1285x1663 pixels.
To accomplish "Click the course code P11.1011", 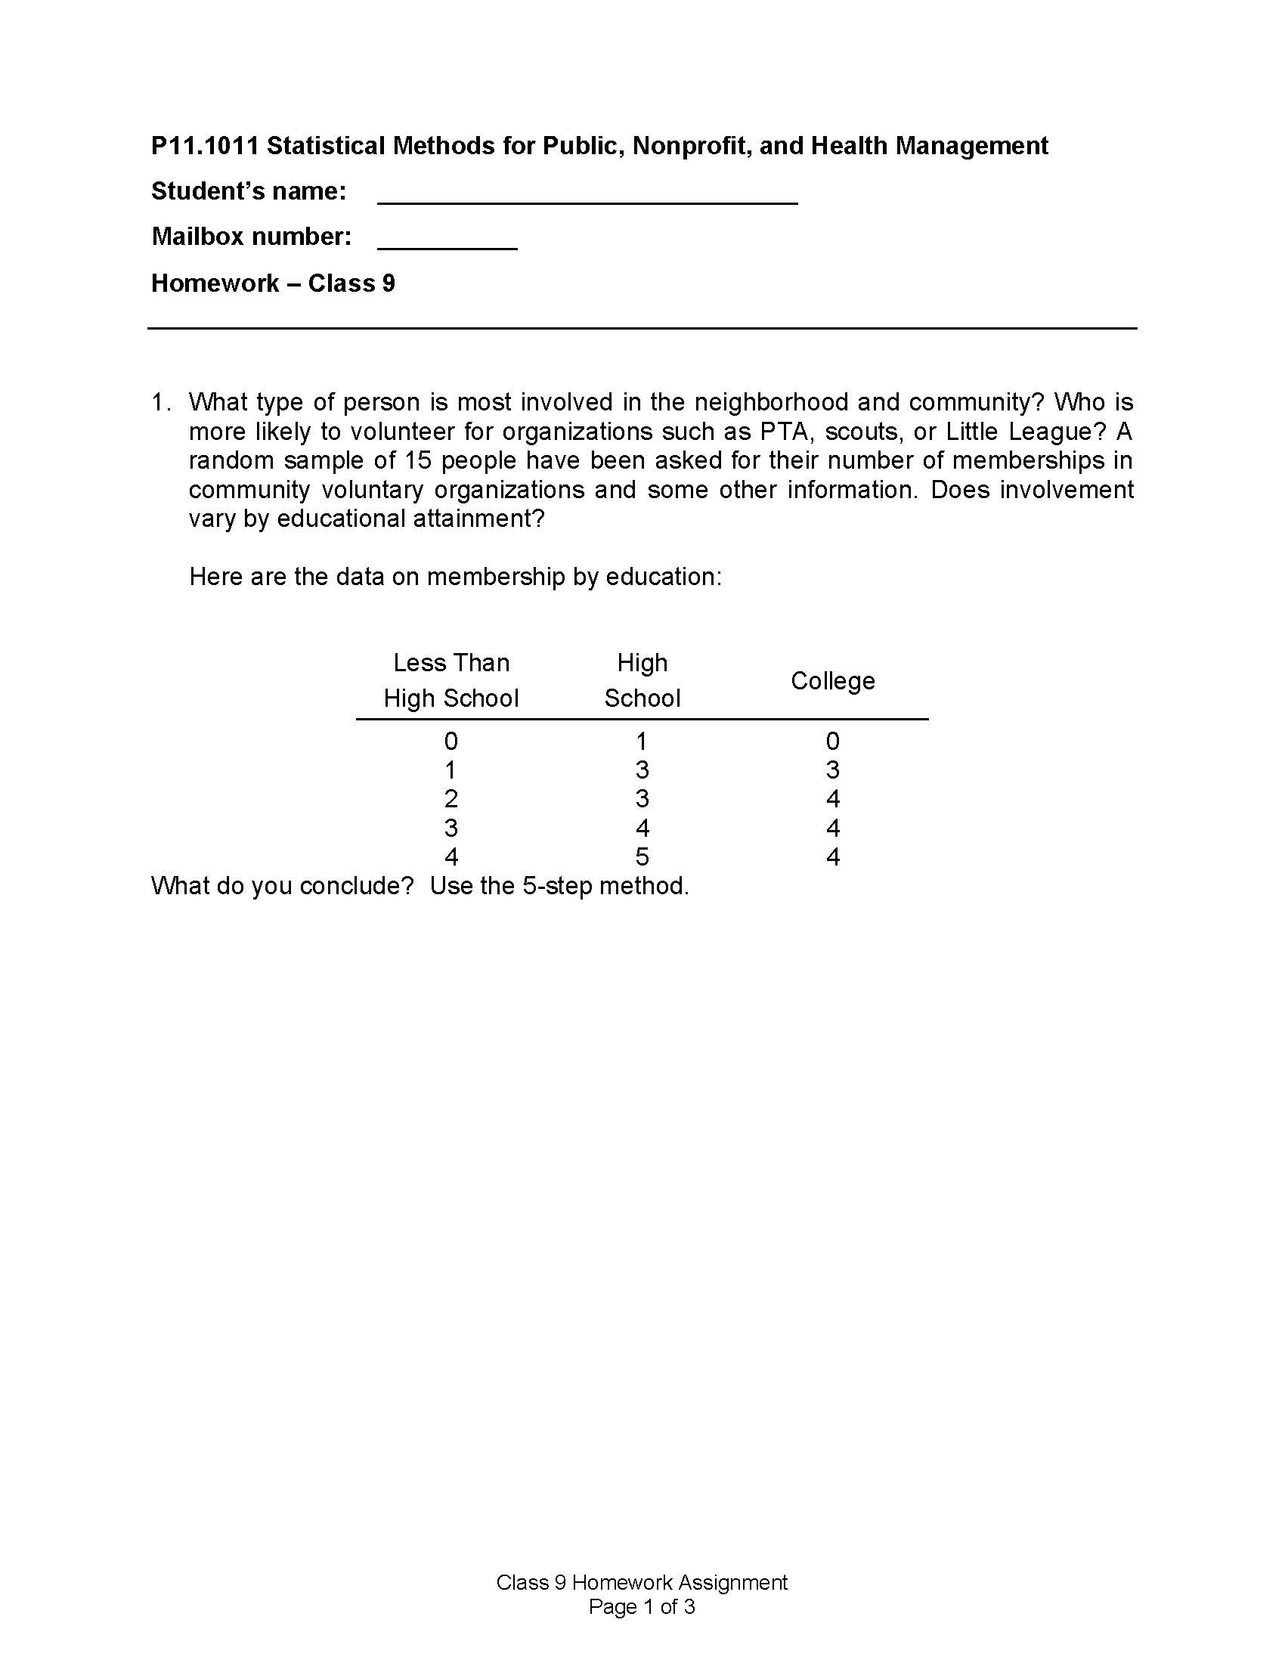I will pyautogui.click(x=205, y=145).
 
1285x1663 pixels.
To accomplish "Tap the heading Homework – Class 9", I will pyautogui.click(x=273, y=283).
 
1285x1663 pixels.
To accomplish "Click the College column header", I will pyautogui.click(x=832, y=680).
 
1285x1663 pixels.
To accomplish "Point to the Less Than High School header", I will pyautogui.click(x=451, y=680).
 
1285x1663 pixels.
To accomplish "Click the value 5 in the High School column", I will pyautogui.click(x=642, y=856).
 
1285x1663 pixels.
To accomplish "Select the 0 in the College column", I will pyautogui.click(x=832, y=741).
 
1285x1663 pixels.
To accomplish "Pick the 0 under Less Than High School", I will pyautogui.click(x=451, y=741).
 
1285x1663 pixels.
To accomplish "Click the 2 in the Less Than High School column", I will pyautogui.click(x=451, y=799).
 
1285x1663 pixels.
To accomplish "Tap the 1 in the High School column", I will pyautogui.click(x=642, y=741).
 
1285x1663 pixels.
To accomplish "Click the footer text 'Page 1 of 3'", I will pyautogui.click(x=642, y=1606).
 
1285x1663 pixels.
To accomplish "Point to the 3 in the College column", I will pyautogui.click(x=832, y=770).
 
